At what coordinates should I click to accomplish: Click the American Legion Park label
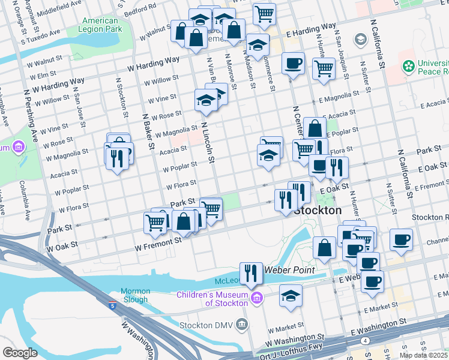pos(102,25)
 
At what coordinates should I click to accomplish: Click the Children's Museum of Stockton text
pos(212,298)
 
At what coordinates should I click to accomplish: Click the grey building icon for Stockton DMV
pos(241,325)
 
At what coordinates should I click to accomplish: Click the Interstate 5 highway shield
pos(112,305)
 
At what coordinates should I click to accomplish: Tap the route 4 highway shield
pos(366,340)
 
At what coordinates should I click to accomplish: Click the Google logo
pos(20,353)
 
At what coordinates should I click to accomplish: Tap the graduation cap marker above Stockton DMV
pos(291,295)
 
